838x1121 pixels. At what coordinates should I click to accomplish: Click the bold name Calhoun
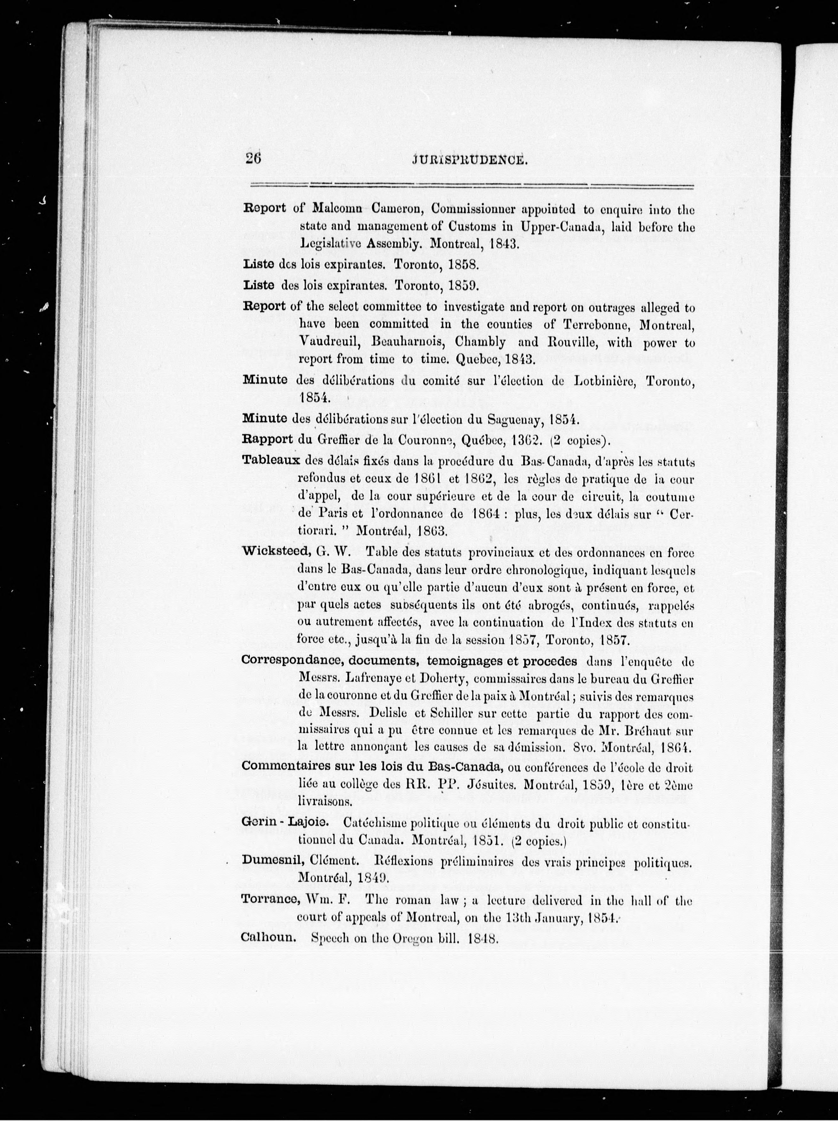point(268,937)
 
